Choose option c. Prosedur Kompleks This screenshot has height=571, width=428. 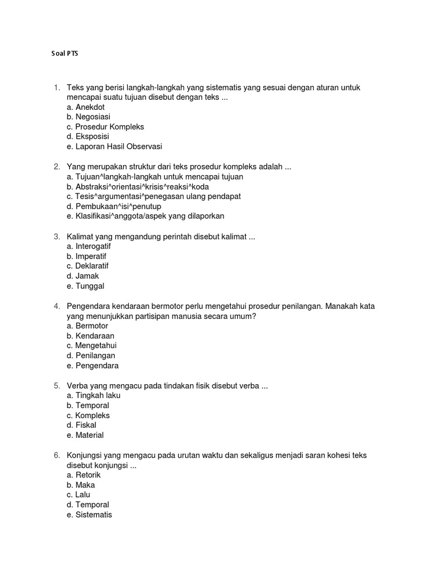coord(105,127)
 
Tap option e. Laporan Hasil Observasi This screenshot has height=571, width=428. coord(114,147)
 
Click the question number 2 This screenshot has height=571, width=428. coord(57,167)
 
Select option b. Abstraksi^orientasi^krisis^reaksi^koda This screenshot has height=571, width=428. coord(138,187)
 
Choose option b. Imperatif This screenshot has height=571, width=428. coord(90,256)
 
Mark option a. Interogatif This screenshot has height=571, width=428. coord(92,246)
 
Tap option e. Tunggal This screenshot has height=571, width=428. coord(85,286)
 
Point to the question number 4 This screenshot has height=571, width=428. coord(57,306)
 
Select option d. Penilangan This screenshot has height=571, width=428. coord(91,356)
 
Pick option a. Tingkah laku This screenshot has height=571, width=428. coord(93,395)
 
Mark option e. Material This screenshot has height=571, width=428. coord(85,435)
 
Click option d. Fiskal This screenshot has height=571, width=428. coord(81,425)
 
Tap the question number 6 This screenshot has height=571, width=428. coord(57,455)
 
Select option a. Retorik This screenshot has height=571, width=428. coord(84,475)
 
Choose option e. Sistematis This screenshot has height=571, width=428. coord(89,515)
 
